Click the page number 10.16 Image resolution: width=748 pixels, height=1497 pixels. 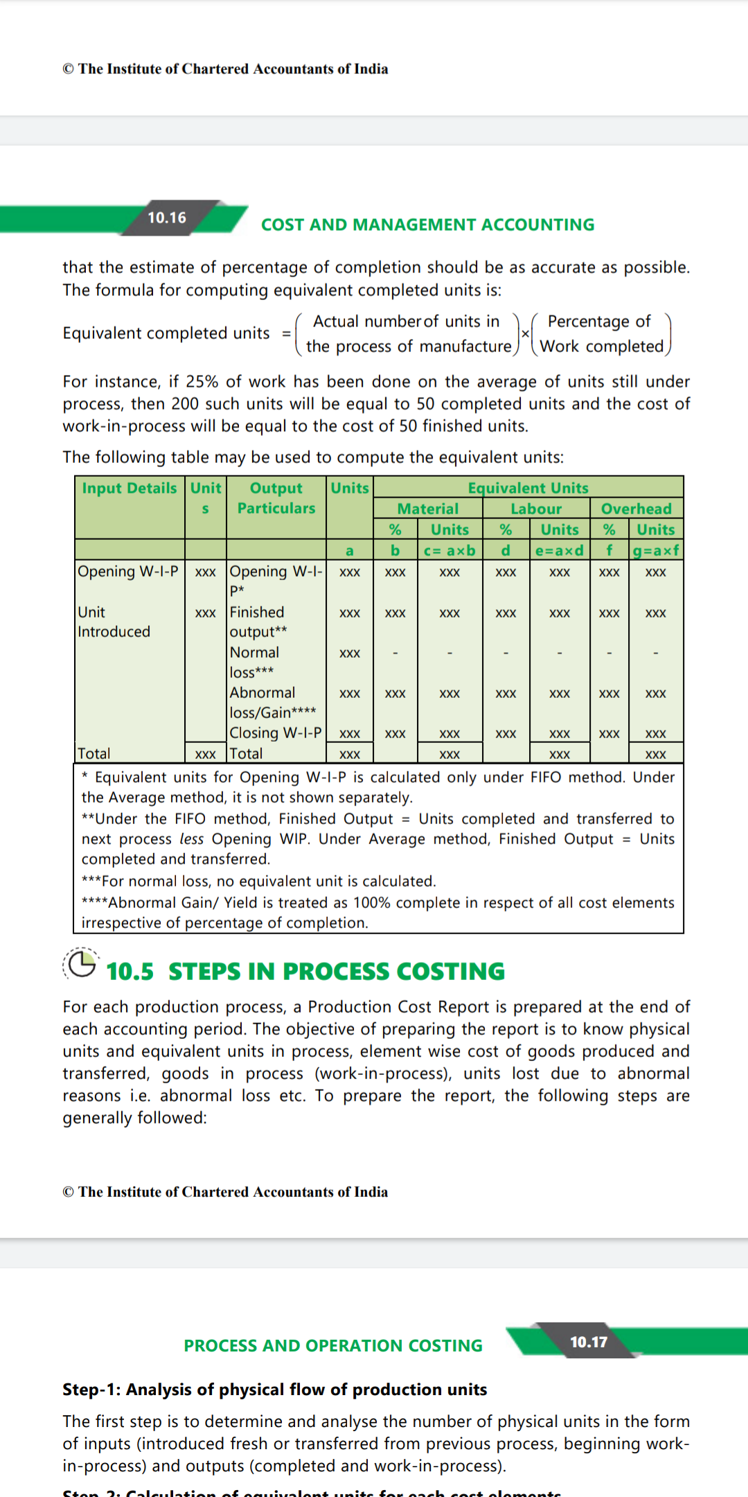coord(167,218)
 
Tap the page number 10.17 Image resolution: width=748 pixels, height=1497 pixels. coord(589,1342)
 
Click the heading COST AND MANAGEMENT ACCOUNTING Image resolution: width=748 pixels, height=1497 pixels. coord(427,225)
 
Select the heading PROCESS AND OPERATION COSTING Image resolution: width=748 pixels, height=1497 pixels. coord(333,1345)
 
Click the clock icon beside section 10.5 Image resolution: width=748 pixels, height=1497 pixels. coord(81,964)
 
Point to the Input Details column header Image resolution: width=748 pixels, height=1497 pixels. coord(130,488)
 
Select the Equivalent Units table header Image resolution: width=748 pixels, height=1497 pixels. coord(528,487)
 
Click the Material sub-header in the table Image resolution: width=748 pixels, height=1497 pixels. coord(428,509)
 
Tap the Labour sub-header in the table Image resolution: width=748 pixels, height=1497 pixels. coord(536,509)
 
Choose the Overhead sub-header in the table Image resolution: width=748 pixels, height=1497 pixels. coord(636,509)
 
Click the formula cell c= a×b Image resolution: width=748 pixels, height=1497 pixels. coord(449,550)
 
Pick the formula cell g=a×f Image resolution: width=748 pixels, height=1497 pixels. coord(656,550)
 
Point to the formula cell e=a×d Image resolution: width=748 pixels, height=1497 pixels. coord(560,550)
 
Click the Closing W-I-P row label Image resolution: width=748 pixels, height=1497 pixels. coord(276,733)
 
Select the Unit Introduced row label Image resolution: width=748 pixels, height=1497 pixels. coord(114,622)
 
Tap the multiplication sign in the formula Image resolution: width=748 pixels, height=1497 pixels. coord(525,333)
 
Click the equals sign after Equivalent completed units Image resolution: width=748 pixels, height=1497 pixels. coord(286,333)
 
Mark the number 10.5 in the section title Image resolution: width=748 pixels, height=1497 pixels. coord(130,972)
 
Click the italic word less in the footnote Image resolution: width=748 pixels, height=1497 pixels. coord(191,839)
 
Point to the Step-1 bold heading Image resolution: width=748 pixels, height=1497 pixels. coord(275,1389)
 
